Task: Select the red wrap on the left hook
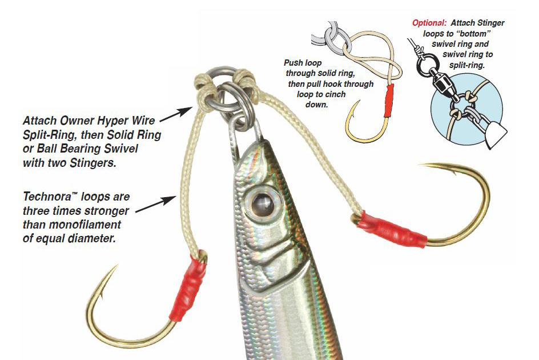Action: click(188, 289)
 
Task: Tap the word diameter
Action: click(91, 238)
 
